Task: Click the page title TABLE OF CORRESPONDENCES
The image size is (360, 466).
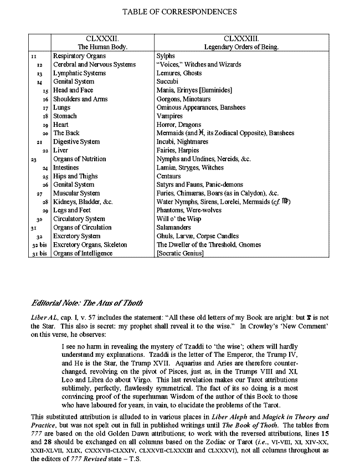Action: click(179, 11)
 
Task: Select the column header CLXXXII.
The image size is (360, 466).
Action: click(102, 38)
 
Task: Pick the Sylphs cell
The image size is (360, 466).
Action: click(166, 56)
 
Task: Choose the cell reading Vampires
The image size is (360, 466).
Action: click(169, 116)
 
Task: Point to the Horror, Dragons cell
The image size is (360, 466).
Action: click(179, 125)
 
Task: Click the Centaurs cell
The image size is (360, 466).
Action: click(170, 176)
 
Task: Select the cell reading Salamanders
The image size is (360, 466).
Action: click(174, 228)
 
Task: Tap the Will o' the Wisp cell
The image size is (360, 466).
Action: click(178, 219)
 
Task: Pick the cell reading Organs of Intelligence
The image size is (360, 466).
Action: click(83, 253)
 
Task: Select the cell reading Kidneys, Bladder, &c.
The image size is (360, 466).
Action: click(83, 202)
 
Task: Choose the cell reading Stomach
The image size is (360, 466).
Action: click(65, 116)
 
